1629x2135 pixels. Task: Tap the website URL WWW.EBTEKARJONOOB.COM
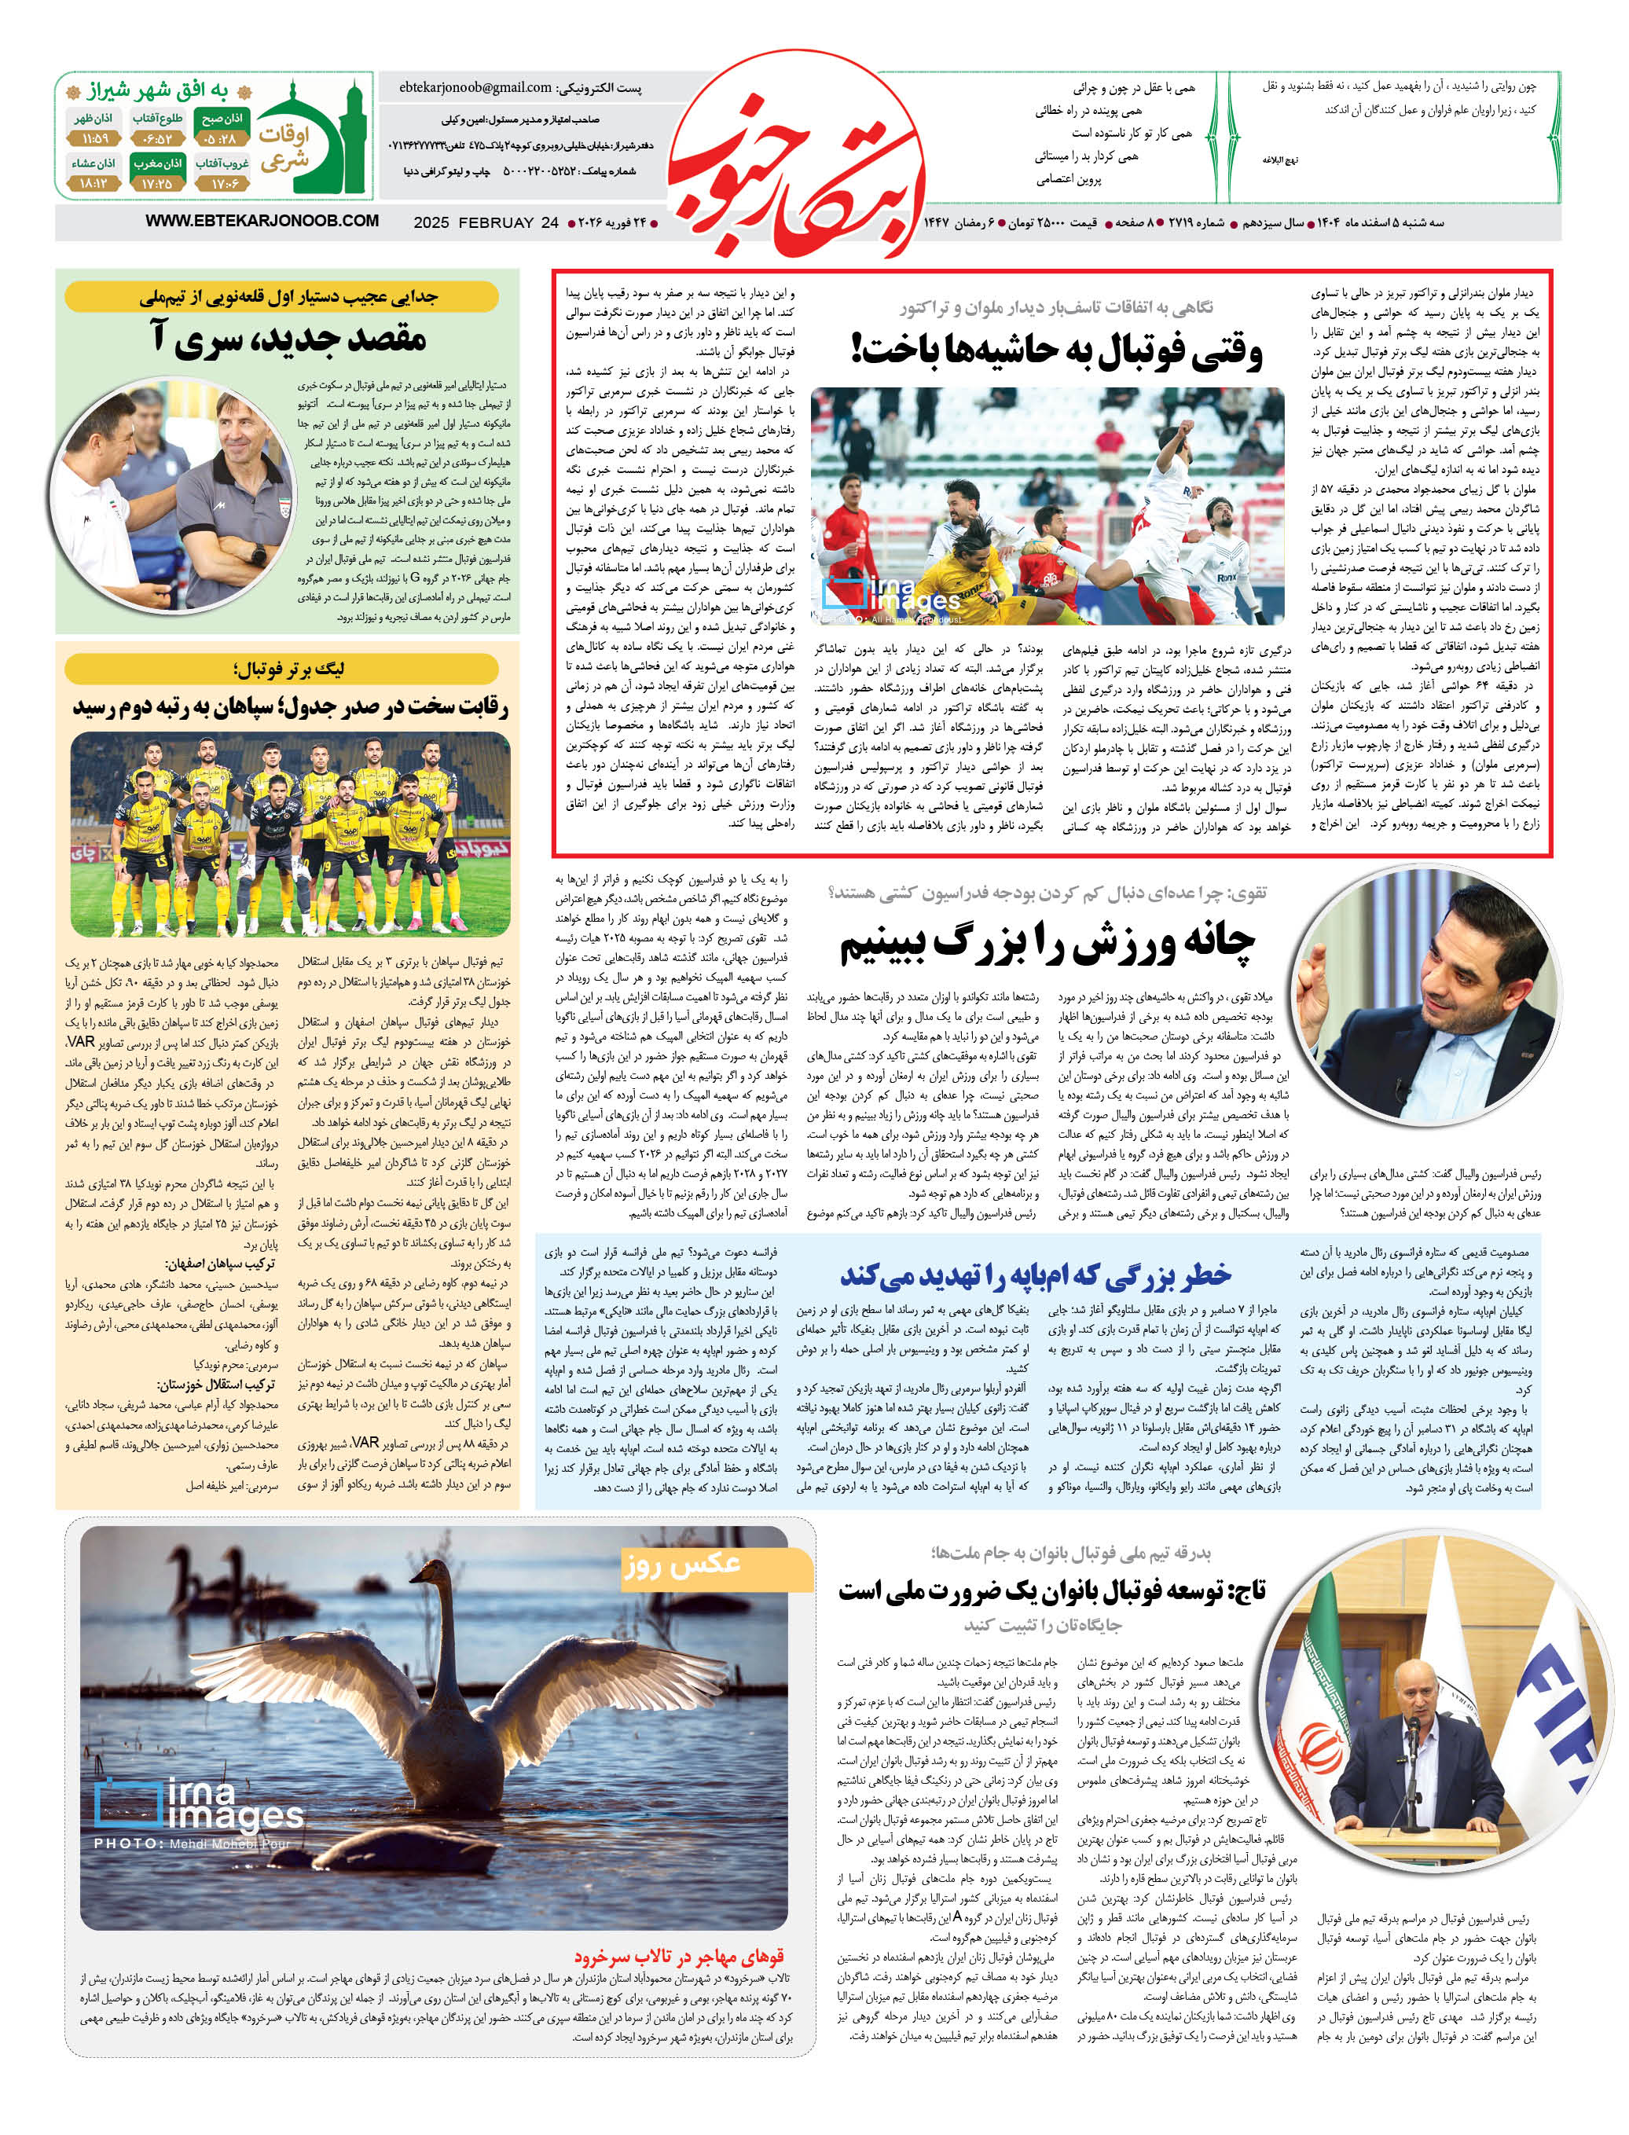(262, 221)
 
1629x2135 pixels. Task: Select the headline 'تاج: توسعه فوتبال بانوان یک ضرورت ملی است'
(1052, 1591)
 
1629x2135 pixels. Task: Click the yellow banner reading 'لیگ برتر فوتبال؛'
(282, 669)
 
